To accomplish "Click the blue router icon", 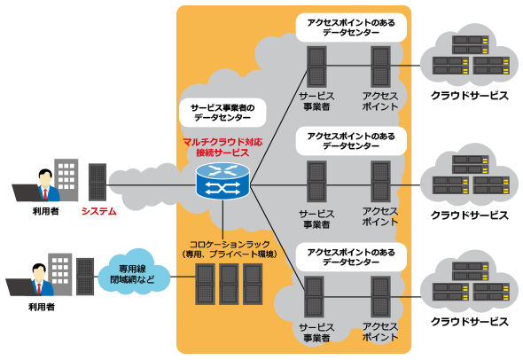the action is tap(222, 181).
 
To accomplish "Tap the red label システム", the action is tap(99, 211).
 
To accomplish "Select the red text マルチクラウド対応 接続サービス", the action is tap(222, 147).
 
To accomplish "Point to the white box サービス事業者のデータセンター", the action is tap(222, 113).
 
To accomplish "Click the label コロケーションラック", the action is tap(230, 244).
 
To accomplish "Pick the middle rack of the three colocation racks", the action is tap(229, 284).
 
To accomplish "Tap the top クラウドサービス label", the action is tap(470, 96).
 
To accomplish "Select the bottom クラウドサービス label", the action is tap(470, 322).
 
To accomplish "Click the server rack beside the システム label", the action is tap(98, 182).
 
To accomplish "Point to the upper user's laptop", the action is tap(27, 192).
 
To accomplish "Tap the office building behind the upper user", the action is tap(66, 179).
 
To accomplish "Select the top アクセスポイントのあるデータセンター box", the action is tap(351, 27).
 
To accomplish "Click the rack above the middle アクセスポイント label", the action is tap(380, 181).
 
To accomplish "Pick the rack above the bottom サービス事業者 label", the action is tap(314, 296).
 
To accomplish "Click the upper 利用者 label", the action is tap(46, 211).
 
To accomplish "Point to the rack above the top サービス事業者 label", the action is tap(316, 67).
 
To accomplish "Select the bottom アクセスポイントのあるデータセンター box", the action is tap(351, 257).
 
